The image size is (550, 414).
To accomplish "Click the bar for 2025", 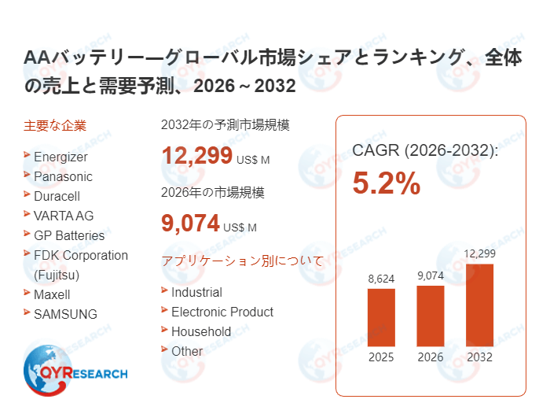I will point(381,317).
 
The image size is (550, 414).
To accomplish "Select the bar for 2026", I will point(430,316).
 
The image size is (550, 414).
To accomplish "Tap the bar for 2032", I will point(479,305).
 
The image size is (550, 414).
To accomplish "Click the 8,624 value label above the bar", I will point(381,279).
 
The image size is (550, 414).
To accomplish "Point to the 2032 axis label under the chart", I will point(479,357).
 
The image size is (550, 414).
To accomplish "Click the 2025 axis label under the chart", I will point(381,357).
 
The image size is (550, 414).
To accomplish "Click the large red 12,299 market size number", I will point(196,156).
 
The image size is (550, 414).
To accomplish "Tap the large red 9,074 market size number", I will point(190,224).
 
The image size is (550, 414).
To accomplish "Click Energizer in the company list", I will point(60,157).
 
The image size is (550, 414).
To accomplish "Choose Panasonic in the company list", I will point(63,176).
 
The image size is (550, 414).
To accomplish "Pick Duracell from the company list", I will point(57,196).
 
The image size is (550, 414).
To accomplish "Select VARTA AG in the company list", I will point(64,216).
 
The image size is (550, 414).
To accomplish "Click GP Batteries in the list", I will point(69,235).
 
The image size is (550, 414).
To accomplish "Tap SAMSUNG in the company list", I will point(65,314).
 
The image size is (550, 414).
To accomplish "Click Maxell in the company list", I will point(52,294).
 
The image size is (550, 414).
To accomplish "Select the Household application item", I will point(201,331).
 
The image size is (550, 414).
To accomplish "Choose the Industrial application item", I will point(196,292).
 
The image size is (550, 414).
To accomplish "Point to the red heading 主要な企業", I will point(55,125).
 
